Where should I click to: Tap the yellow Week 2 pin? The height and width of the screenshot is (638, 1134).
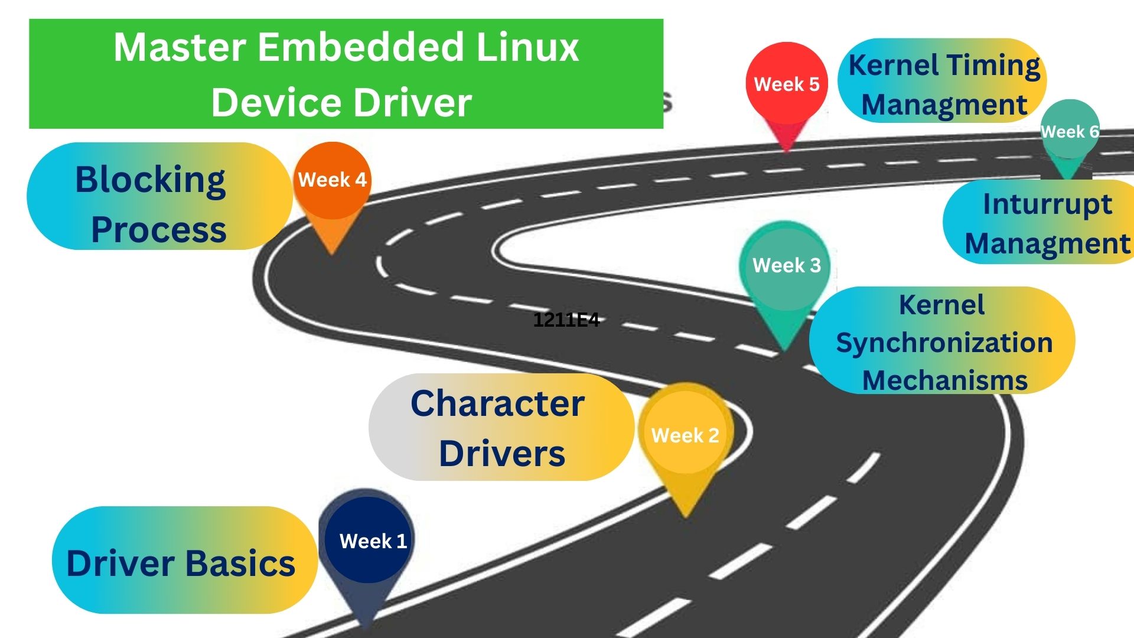[685, 435]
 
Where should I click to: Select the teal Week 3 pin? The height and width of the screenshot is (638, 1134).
[786, 266]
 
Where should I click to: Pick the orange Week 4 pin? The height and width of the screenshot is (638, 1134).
[333, 180]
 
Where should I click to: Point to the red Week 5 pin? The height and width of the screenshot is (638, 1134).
[786, 84]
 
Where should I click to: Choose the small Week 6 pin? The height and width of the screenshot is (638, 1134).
[1069, 131]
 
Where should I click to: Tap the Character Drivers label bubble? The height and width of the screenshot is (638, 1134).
[499, 427]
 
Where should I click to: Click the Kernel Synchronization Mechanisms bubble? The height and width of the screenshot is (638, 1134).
[942, 341]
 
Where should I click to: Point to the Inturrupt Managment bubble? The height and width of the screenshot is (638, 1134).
[1042, 223]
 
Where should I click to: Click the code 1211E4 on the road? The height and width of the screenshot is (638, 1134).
[566, 320]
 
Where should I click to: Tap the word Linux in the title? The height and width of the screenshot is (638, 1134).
[527, 47]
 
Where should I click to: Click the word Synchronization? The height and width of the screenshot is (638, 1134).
[944, 343]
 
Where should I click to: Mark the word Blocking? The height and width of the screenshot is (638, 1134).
[151, 180]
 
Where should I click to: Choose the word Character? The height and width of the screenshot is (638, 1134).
[497, 403]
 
